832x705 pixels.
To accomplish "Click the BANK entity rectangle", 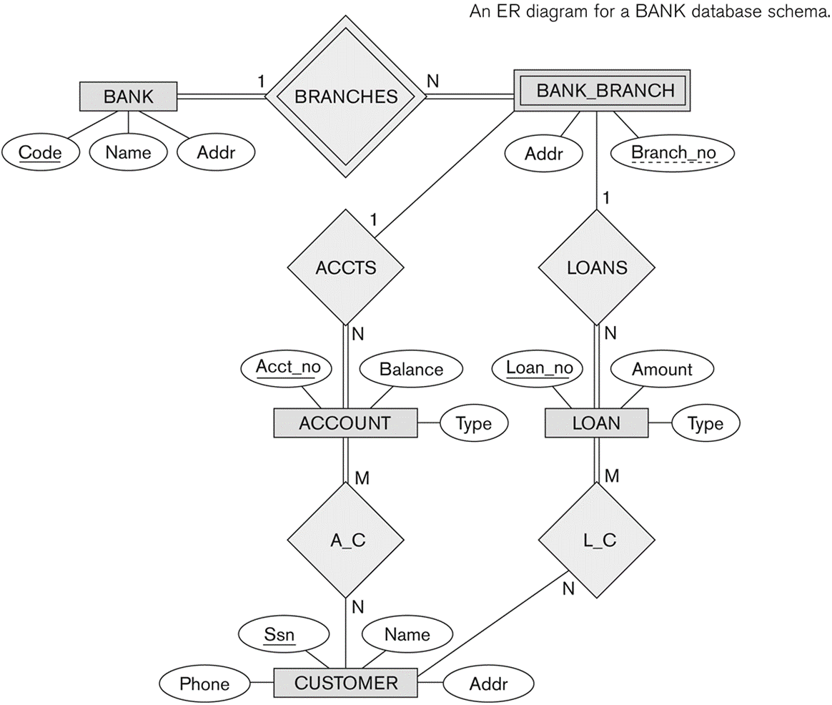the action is click(129, 97).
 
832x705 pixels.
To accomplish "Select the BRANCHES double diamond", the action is click(345, 97).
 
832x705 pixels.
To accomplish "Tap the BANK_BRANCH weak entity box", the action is click(603, 90).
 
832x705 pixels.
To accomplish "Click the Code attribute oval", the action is click(40, 153).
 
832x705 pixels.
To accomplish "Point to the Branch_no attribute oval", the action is click(673, 154).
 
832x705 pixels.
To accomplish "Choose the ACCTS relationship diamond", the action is click(345, 267).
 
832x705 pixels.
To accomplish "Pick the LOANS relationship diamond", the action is click(596, 267).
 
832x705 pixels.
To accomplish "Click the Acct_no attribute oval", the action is click(287, 368).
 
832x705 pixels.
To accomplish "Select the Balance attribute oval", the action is click(411, 369).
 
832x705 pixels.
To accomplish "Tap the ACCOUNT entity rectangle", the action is click(345, 423).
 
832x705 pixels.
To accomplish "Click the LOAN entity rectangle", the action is click(596, 423).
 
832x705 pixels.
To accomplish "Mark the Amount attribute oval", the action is click(662, 369).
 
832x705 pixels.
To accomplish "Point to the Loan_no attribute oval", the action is click(538, 368).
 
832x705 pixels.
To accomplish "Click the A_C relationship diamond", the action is click(345, 540).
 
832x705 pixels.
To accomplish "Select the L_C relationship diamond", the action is click(596, 540).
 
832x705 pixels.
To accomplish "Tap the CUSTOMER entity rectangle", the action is click(345, 683).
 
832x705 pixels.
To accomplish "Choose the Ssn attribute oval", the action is click(284, 634).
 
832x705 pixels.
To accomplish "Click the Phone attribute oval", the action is click(205, 684).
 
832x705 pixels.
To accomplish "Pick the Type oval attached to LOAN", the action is click(705, 423).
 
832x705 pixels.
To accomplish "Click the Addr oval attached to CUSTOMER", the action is click(488, 684).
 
